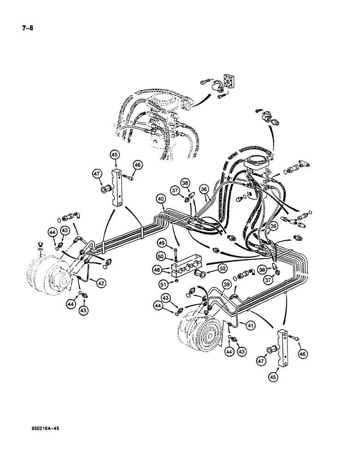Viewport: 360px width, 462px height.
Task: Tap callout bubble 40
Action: point(160,200)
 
